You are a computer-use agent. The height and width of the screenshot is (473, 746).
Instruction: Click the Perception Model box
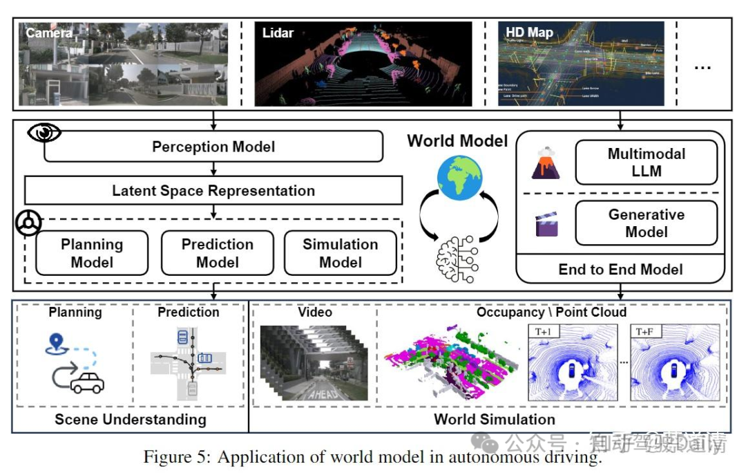pyautogui.click(x=213, y=147)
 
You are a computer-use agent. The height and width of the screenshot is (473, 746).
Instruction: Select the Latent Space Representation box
pyautogui.click(x=213, y=190)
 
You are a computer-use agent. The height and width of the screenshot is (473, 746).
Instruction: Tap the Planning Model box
pyautogui.click(x=92, y=253)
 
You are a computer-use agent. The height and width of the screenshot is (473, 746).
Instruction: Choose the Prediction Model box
pyautogui.click(x=217, y=253)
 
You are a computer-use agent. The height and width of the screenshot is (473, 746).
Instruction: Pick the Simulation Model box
pyautogui.click(x=341, y=253)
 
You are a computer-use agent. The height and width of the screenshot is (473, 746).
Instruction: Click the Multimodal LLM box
pyautogui.click(x=646, y=163)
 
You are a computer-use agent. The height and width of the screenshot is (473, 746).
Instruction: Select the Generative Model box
pyautogui.click(x=646, y=223)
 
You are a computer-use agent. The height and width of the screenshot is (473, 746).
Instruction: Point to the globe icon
pyautogui.click(x=459, y=178)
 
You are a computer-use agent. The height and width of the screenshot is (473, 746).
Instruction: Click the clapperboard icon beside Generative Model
pyautogui.click(x=546, y=225)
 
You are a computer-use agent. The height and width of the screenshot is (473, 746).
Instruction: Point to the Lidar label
pyautogui.click(x=278, y=33)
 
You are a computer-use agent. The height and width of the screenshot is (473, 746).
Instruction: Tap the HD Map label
pyautogui.click(x=529, y=33)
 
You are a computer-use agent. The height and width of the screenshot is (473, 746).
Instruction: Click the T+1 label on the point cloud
pyautogui.click(x=544, y=331)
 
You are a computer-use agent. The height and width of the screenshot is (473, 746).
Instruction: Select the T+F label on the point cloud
pyautogui.click(x=647, y=331)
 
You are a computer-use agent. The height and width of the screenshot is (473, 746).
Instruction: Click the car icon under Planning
pyautogui.click(x=87, y=382)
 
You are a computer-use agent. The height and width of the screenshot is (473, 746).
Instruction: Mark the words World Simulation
pyautogui.click(x=494, y=419)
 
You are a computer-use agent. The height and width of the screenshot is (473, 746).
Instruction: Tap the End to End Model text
pyautogui.click(x=620, y=269)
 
